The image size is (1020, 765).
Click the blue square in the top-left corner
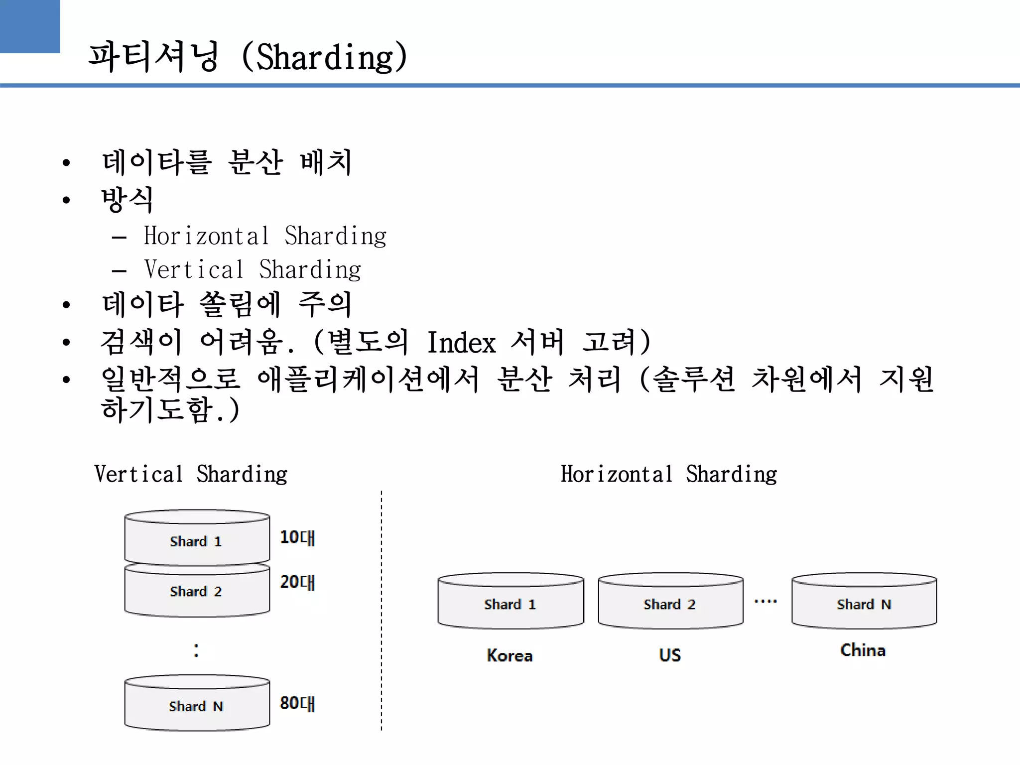[30, 26]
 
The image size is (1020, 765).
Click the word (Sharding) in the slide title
[325, 57]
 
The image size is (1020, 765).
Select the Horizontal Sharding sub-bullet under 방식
[265, 236]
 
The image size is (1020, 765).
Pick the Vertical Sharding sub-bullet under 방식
[253, 270]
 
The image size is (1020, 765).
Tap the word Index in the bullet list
[461, 343]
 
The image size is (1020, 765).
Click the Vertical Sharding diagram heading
[191, 474]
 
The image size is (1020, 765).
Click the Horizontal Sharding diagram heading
[668, 474]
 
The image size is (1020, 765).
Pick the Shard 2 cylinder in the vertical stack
[197, 591]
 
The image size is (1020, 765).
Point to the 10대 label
[297, 537]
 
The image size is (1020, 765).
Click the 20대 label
[297, 582]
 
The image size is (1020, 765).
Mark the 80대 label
[297, 703]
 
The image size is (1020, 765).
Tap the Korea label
[510, 655]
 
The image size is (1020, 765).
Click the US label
[670, 655]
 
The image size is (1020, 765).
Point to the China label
[863, 650]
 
